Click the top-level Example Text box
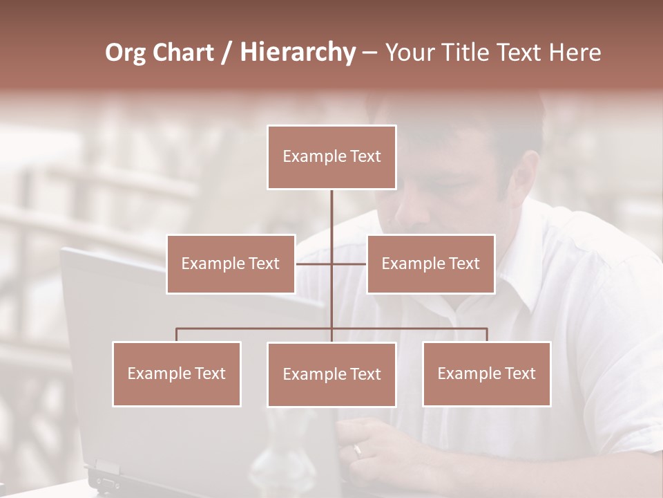[x=331, y=157]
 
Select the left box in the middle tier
[x=231, y=264]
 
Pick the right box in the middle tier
[x=430, y=264]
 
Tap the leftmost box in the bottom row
[x=177, y=373]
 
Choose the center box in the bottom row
[x=331, y=374]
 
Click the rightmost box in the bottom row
[x=486, y=373]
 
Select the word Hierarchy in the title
[x=297, y=53]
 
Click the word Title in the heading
[x=473, y=53]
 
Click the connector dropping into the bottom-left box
[x=177, y=335]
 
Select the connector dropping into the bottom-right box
[x=486, y=335]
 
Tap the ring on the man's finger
[x=357, y=450]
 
